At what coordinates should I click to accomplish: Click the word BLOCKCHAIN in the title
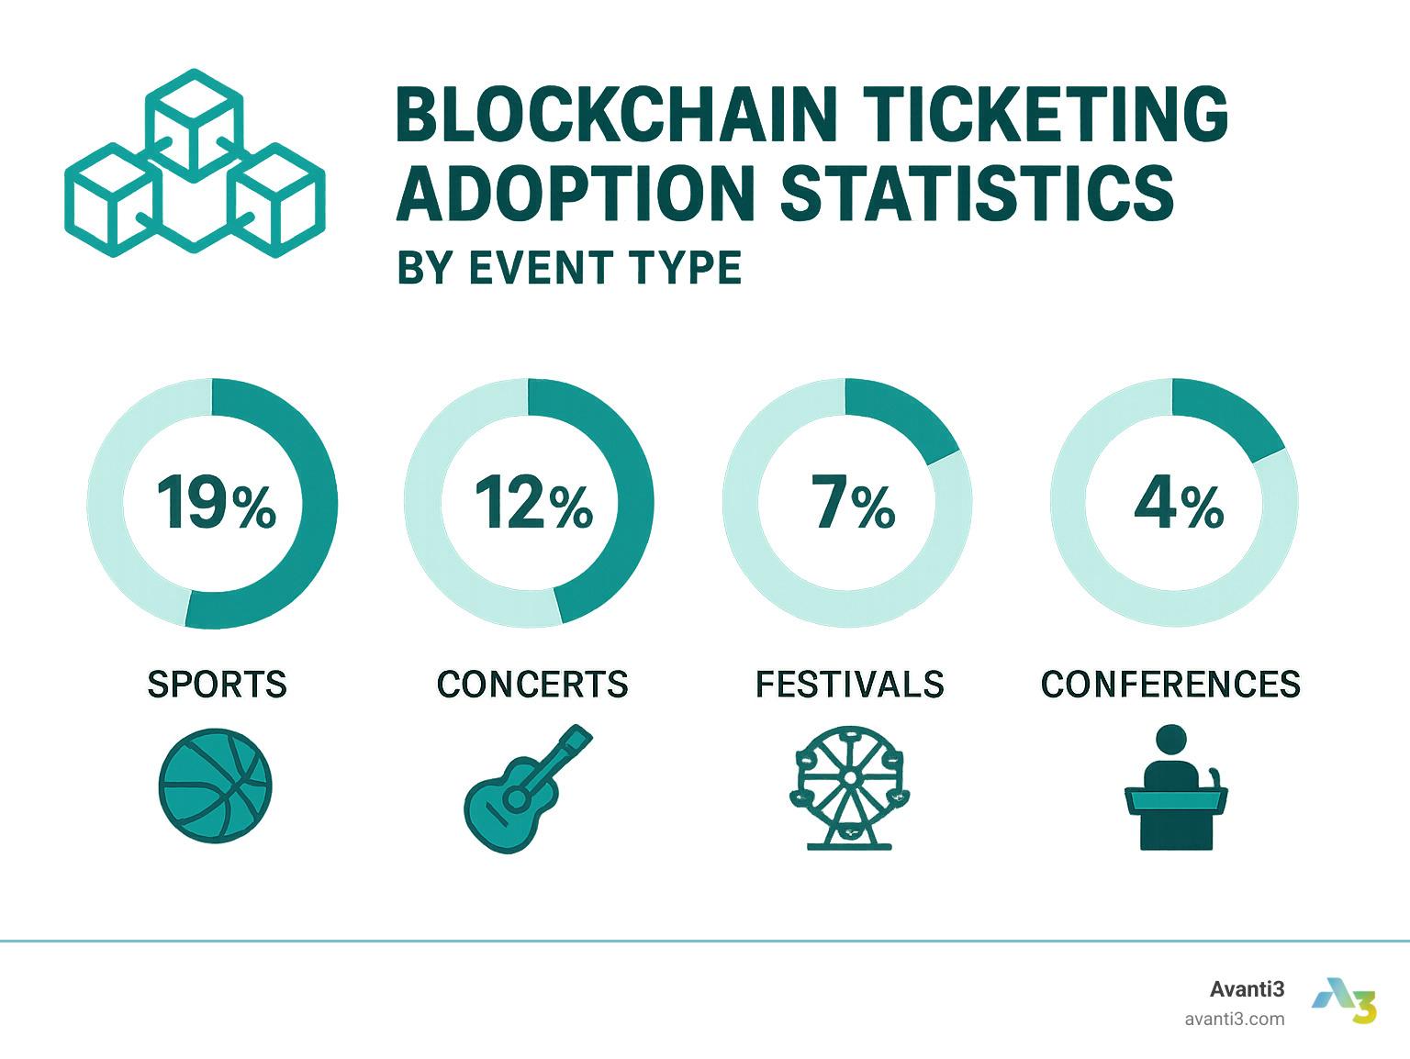click(x=616, y=116)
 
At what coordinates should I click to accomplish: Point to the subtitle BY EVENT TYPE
click(x=569, y=269)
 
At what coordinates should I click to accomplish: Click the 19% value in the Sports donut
click(x=216, y=503)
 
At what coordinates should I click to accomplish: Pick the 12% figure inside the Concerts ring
click(x=533, y=503)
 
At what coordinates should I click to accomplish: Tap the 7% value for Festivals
click(x=853, y=503)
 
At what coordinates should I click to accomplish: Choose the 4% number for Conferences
click(x=1179, y=503)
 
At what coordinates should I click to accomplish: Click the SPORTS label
click(x=217, y=685)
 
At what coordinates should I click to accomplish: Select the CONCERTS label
click(x=532, y=685)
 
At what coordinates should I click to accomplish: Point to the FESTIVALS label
click(x=850, y=685)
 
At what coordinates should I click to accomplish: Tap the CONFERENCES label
click(x=1170, y=685)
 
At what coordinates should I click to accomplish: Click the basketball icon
click(x=216, y=786)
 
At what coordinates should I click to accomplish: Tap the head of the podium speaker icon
click(x=1170, y=740)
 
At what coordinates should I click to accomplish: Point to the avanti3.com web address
click(x=1235, y=1019)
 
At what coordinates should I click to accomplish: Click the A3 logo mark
click(x=1345, y=1000)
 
